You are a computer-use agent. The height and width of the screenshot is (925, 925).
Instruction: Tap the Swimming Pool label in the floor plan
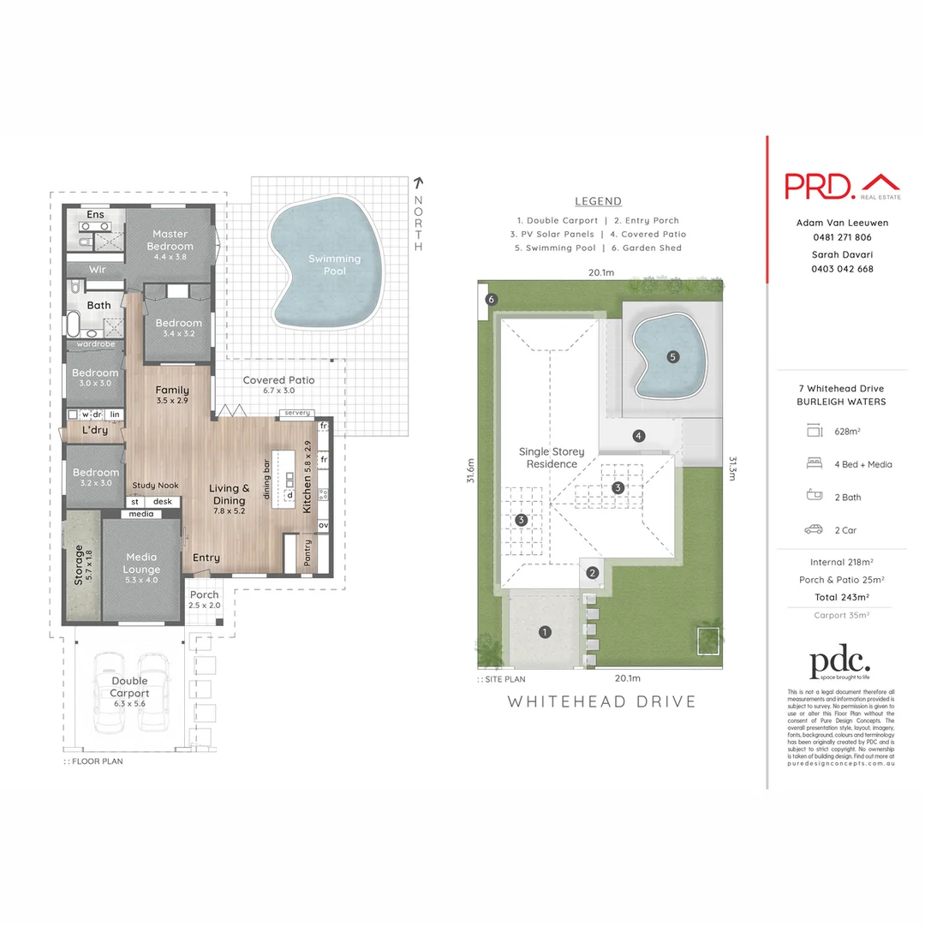tap(335, 265)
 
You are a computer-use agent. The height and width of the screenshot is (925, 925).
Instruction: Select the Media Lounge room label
tap(142, 563)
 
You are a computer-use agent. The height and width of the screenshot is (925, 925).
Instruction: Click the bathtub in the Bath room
tap(75, 324)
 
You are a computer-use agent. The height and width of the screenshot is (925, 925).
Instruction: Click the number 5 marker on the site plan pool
tap(672, 356)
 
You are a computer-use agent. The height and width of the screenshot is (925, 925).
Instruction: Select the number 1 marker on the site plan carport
tap(544, 633)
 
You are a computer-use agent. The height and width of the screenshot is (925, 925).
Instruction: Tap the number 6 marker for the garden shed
tap(491, 300)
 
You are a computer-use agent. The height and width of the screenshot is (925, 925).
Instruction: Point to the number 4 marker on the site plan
tap(638, 435)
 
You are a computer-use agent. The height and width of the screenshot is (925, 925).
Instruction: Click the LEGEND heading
tap(598, 201)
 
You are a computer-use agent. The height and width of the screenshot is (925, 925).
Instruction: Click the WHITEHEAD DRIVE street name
tap(602, 701)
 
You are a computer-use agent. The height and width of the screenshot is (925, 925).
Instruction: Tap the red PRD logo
tap(819, 184)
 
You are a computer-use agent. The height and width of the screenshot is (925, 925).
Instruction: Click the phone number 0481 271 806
tap(842, 237)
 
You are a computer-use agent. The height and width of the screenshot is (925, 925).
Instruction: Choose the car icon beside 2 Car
tap(813, 530)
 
